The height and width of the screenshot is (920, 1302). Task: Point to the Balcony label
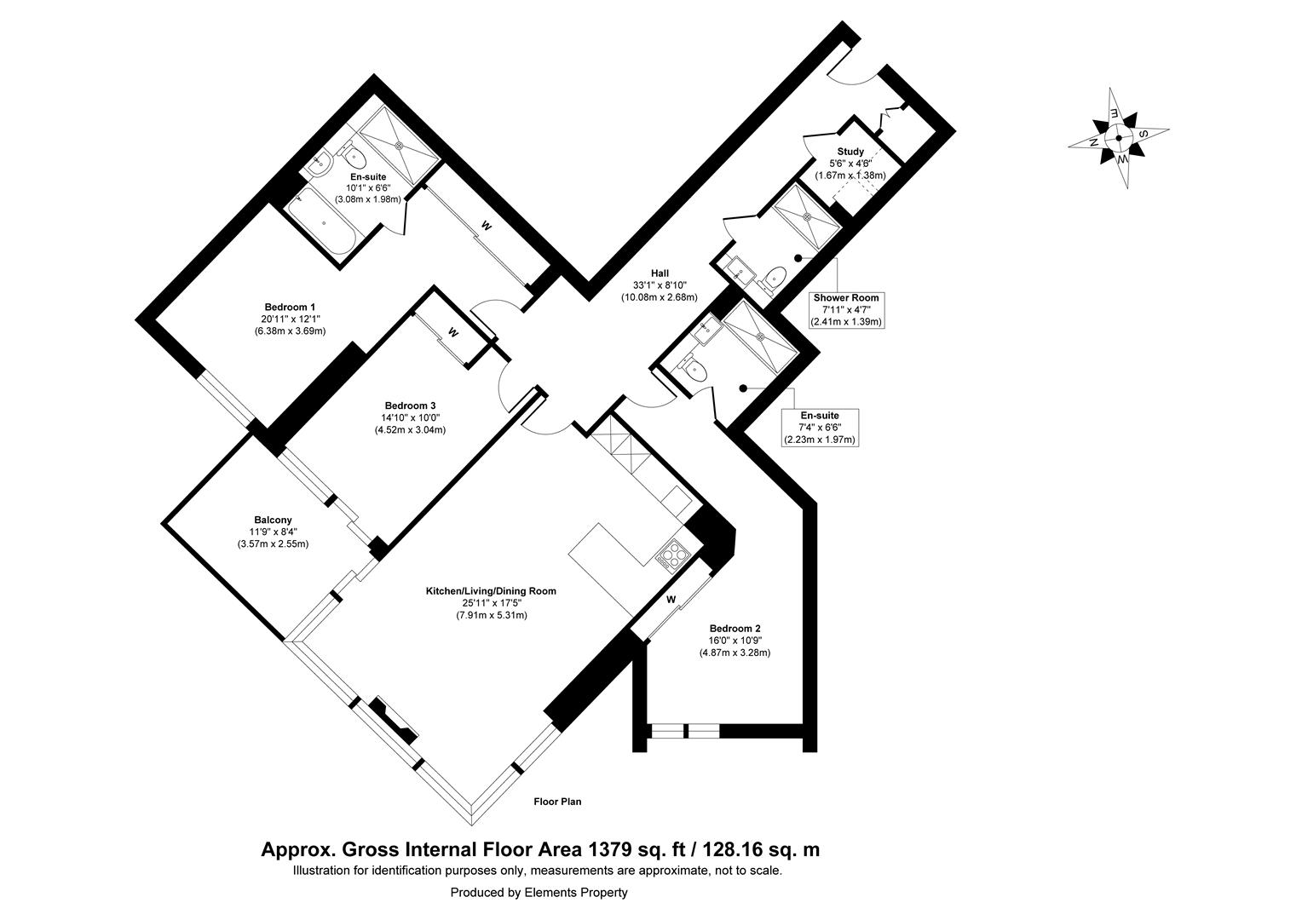point(273,520)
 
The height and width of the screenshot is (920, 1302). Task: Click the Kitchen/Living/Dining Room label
point(492,591)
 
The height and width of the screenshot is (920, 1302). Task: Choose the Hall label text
point(659,273)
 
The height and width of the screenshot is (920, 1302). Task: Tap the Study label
point(850,152)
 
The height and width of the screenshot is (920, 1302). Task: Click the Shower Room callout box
point(845,310)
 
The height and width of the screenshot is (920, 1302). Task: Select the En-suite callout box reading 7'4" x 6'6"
point(819,428)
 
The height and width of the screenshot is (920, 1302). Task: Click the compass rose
point(1118,138)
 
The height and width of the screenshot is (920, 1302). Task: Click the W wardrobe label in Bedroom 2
point(671,600)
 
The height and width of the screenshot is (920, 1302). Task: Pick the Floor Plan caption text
point(557,802)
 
